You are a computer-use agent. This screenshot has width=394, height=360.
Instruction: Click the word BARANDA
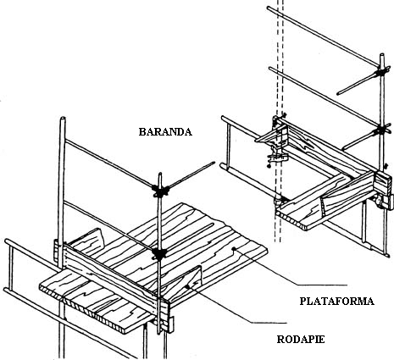coord(165,132)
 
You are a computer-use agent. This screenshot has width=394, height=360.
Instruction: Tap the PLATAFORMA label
coord(336,302)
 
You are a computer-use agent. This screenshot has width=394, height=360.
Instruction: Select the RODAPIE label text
coord(301,339)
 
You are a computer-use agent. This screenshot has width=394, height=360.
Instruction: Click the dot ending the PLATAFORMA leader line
coord(234,249)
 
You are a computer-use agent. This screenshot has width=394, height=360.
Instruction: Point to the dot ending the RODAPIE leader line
coord(186,287)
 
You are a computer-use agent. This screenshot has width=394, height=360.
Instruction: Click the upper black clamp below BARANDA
coord(160,190)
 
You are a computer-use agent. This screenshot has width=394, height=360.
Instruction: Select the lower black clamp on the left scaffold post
coord(159,253)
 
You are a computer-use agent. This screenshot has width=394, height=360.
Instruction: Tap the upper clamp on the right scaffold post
coord(382,72)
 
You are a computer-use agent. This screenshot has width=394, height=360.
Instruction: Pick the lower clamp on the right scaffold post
coord(381,130)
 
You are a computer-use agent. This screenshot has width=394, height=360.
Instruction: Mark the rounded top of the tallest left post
coord(63,119)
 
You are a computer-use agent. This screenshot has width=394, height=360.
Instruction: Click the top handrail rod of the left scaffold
coord(109,163)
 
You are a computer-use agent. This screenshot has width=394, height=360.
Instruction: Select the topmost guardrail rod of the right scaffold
coord(323,36)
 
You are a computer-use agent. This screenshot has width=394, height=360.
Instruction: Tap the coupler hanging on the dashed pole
coord(276,159)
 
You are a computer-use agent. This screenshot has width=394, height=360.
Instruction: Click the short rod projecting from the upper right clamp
coord(357,83)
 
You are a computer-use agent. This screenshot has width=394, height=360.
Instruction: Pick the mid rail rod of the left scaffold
coord(108,226)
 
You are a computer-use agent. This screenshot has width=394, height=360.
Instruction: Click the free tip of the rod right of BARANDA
coord(214,163)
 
